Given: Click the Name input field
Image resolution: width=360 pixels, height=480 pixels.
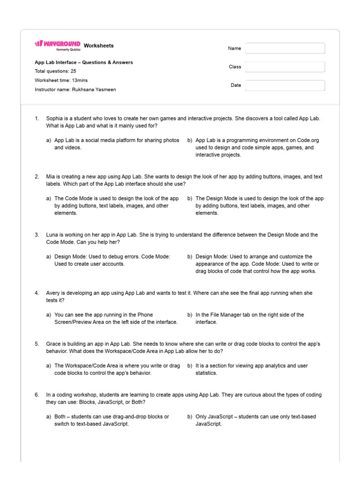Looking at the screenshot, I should [285, 48].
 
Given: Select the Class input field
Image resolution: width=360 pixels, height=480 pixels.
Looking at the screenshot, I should [285, 67].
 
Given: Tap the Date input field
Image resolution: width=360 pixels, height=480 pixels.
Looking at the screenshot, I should [285, 85].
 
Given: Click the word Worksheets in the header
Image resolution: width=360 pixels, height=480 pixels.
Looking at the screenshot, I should [98, 45].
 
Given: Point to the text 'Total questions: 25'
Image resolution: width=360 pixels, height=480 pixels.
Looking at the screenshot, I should [55, 71].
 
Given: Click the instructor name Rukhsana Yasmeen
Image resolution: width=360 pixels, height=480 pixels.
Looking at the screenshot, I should [94, 90].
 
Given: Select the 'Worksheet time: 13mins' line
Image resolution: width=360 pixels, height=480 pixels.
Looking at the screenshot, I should [61, 80].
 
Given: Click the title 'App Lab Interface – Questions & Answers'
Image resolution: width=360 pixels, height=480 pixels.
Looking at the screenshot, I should [83, 62].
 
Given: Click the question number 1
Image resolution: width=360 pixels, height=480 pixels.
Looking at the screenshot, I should [37, 119].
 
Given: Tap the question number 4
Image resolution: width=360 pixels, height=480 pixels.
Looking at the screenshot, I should [37, 293].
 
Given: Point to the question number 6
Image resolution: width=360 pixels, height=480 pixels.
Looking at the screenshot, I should [37, 395].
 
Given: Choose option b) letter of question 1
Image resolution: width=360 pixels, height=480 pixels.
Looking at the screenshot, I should [190, 140].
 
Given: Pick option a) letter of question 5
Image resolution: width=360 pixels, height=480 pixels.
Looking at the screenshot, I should [49, 366].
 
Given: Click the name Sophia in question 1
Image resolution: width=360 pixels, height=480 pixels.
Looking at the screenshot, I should [55, 119].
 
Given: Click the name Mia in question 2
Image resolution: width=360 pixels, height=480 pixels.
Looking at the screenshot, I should [51, 177].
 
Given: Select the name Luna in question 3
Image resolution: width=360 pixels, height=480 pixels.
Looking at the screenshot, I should [52, 235].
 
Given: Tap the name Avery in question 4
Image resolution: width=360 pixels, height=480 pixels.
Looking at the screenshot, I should [53, 293].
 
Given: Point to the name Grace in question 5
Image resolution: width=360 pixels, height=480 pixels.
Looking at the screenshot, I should [53, 344].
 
